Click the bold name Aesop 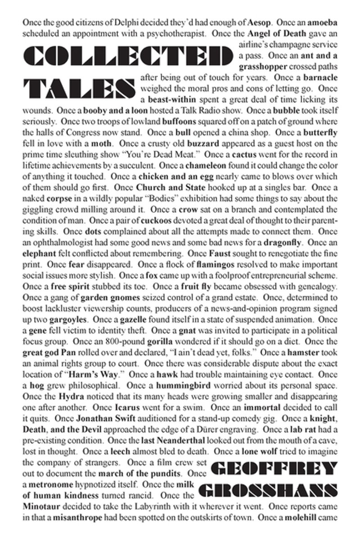click(x=261, y=22)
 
